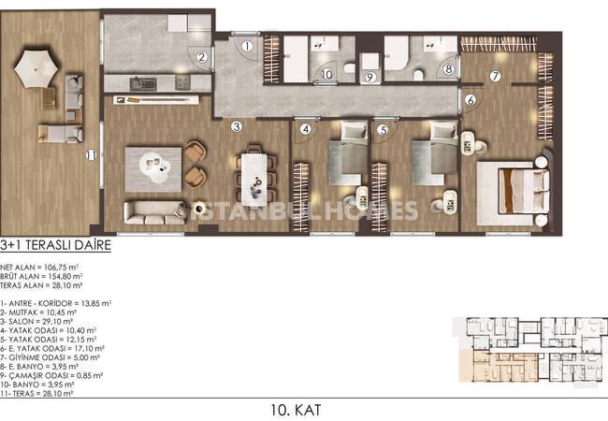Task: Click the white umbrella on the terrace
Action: pos(36,68)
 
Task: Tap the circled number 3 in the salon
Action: pos(236,126)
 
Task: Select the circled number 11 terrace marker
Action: pos(91,155)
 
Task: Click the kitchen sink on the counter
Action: pos(143,83)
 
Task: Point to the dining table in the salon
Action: pos(254,179)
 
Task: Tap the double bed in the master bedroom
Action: pos(523,192)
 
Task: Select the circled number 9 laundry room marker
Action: pos(369,77)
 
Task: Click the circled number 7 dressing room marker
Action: pos(495,76)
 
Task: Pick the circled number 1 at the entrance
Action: pos(247,46)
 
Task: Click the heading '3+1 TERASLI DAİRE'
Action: pos(56,245)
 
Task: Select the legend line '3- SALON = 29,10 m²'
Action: pos(36,322)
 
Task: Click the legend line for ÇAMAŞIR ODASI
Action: pos(51,375)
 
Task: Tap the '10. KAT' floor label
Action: pos(297,410)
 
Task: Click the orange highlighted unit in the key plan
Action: pos(499,367)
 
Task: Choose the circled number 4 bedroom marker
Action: pos(306,129)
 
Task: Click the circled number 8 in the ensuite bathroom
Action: pos(449,69)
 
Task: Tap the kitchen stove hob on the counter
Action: pos(182,82)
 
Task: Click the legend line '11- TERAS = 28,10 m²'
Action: pos(36,394)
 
